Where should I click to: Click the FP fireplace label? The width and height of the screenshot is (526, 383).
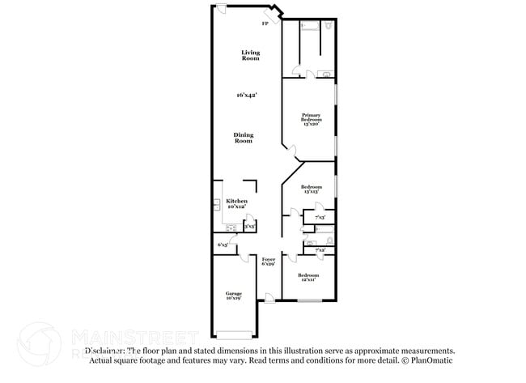[x=264, y=23]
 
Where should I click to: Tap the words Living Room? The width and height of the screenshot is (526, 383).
[x=251, y=56]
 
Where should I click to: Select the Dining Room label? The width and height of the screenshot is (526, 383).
[x=244, y=138]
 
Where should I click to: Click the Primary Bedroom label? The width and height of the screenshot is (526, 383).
[x=312, y=120]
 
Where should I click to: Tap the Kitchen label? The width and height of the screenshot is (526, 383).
[x=236, y=203]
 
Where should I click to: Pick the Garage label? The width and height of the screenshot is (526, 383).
[x=233, y=296]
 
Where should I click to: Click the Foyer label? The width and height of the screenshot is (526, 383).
[x=269, y=262]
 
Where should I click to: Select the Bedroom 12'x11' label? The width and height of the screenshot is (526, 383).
[x=308, y=278]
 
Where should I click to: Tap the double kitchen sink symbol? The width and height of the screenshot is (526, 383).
[x=216, y=204]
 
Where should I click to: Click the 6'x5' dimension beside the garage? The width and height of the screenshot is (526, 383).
[x=223, y=245]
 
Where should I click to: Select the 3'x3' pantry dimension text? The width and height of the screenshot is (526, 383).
[x=250, y=228]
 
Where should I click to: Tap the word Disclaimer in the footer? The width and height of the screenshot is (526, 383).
[x=105, y=351]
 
